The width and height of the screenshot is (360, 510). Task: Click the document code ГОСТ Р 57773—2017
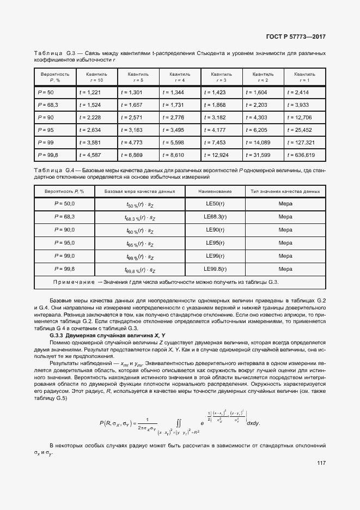(x=295, y=37)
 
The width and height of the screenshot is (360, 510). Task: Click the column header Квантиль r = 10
(x=95, y=77)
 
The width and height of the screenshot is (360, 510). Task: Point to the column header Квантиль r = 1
(x=304, y=77)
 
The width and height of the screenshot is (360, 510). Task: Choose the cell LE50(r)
(x=215, y=204)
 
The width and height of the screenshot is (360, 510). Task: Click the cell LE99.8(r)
(x=215, y=269)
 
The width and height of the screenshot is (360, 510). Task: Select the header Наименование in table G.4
(x=215, y=191)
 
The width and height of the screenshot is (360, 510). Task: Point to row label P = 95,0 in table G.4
(x=64, y=243)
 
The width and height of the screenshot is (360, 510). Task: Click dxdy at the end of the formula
(x=254, y=408)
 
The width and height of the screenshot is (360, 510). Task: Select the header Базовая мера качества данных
(x=140, y=191)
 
